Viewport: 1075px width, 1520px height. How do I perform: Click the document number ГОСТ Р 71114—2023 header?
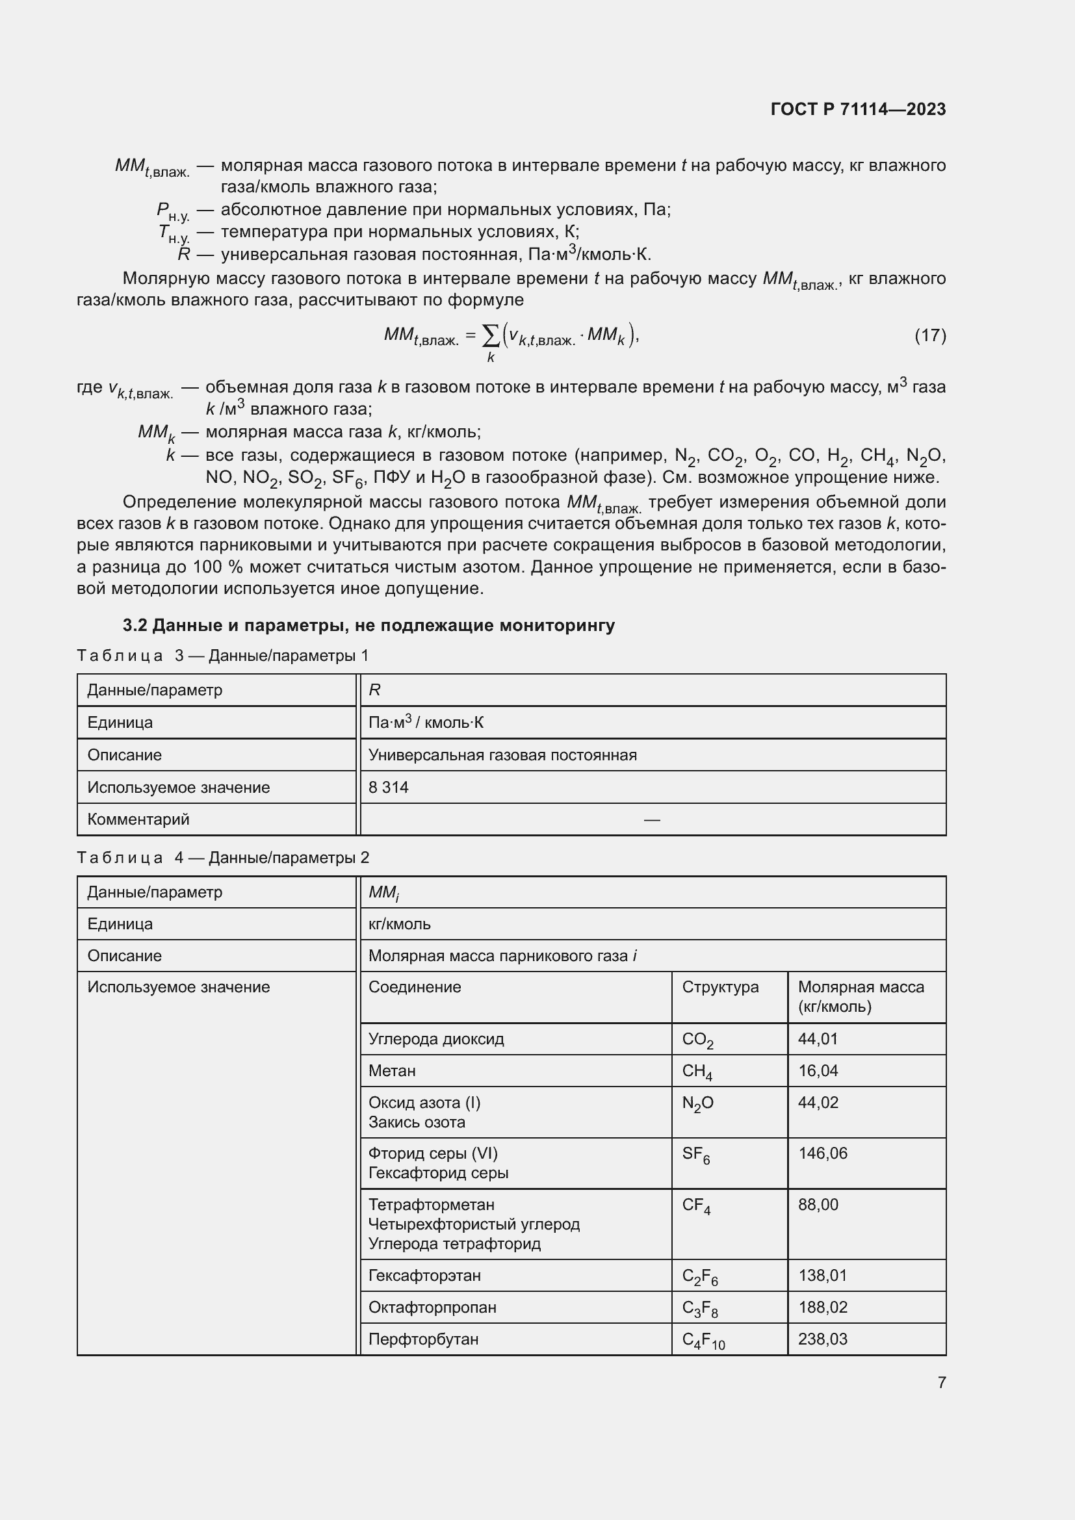point(858,109)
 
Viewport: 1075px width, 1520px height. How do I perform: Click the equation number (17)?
point(929,335)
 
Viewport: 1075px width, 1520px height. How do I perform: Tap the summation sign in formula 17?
point(491,337)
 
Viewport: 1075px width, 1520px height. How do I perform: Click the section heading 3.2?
point(369,625)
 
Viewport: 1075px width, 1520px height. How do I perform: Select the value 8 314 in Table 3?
point(389,787)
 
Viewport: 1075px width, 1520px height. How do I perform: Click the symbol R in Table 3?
point(374,690)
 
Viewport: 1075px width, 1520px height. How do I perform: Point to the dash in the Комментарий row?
point(651,819)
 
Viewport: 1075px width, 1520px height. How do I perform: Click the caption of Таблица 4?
point(223,857)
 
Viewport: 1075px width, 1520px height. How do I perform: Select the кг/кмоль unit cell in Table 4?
point(399,923)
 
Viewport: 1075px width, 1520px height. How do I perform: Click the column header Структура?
point(720,987)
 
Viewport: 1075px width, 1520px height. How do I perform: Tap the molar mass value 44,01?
point(818,1038)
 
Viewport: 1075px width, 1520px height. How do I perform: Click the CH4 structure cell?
point(697,1071)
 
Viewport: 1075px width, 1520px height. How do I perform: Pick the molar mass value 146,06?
point(823,1153)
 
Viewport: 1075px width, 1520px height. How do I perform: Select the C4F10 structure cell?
point(703,1339)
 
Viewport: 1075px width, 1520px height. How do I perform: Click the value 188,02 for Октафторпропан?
point(823,1307)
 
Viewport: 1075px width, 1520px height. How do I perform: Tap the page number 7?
point(941,1382)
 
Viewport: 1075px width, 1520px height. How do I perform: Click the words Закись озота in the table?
point(417,1122)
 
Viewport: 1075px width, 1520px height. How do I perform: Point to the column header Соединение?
point(415,987)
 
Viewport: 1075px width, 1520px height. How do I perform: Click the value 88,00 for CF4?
point(818,1204)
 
